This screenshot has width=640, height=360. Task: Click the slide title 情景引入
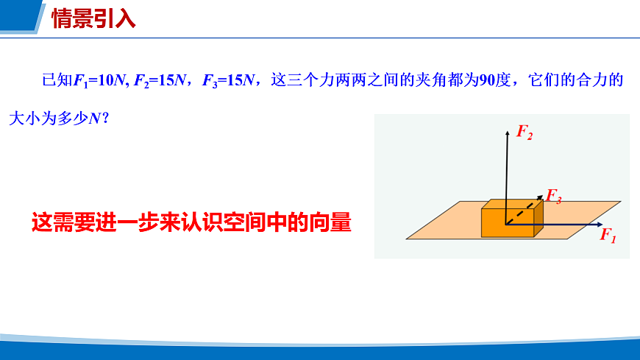(93, 18)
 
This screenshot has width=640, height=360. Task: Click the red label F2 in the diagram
(525, 133)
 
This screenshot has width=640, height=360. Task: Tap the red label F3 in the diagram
(554, 197)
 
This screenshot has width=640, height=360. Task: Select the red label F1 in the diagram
(608, 236)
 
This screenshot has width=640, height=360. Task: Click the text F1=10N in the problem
(100, 80)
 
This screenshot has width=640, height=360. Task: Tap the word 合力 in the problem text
(585, 80)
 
